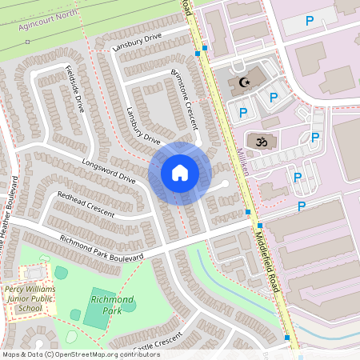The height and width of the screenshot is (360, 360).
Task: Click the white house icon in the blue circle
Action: click(180, 173)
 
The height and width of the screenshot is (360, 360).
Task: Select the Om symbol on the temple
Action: click(258, 142)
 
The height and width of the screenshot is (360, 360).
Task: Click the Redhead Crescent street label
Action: click(86, 204)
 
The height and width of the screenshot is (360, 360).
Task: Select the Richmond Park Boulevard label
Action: click(102, 247)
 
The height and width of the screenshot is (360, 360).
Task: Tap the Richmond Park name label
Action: click(112, 303)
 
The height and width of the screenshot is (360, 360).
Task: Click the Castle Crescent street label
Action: click(160, 346)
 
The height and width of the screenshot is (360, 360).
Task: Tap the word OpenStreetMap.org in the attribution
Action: click(87, 354)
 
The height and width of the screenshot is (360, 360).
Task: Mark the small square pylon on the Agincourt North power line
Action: click(27, 41)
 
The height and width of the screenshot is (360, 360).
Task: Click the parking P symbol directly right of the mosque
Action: click(273, 98)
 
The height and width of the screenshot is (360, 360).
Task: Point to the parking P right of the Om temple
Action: click(314, 138)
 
